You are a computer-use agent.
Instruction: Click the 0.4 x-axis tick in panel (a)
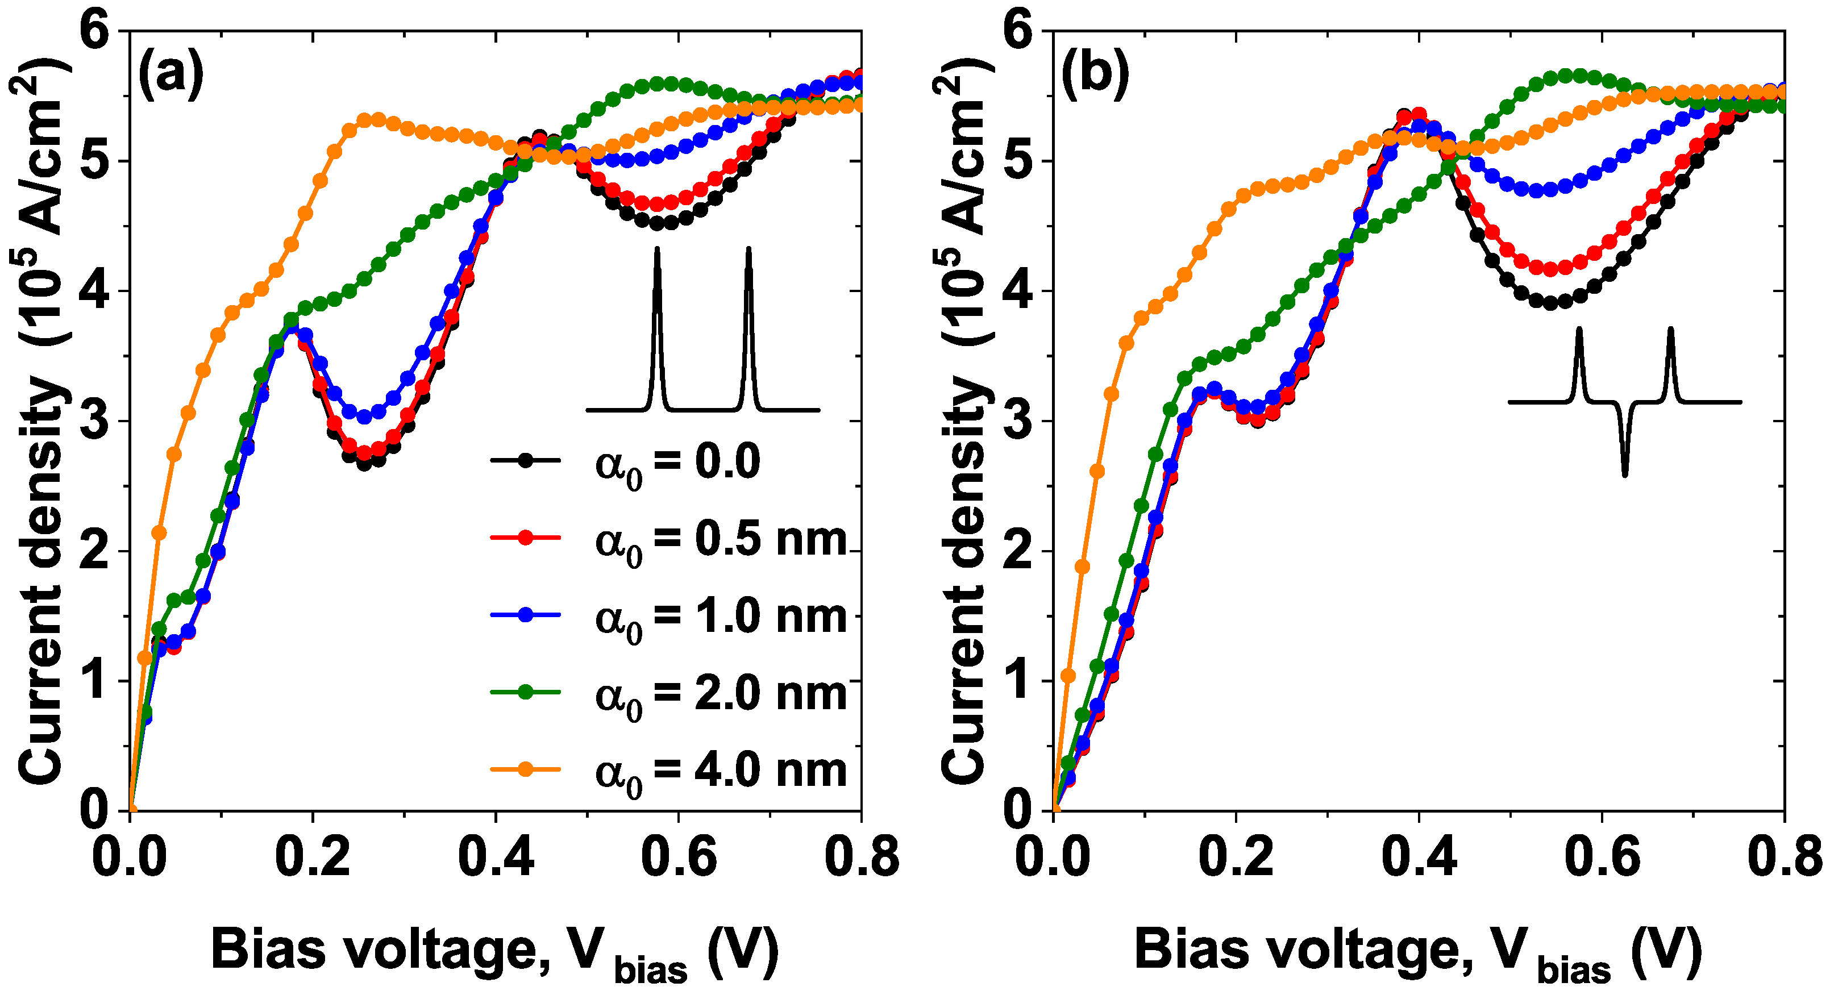[496, 857]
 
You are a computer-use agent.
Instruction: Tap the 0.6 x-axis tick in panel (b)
[1602, 857]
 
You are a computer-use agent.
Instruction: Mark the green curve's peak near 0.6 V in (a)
[669, 84]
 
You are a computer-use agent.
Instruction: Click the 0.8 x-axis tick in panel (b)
[1784, 857]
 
